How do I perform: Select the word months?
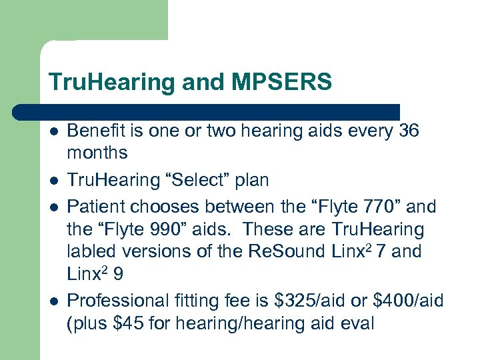(x=97, y=153)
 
